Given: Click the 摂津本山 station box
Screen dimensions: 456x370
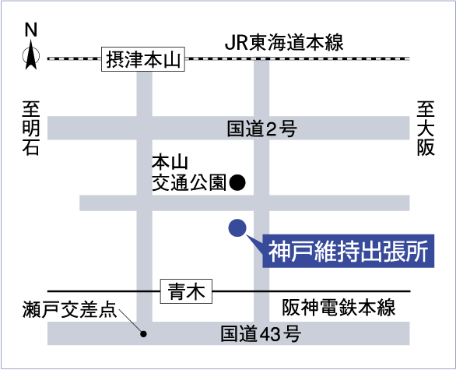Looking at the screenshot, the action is [143, 59].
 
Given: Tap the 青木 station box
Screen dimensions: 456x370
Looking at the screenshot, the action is [187, 291].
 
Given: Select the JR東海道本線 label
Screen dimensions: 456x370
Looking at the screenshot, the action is [284, 43].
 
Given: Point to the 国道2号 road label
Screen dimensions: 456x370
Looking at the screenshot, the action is [261, 129].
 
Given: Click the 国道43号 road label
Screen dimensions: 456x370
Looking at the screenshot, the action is [261, 333].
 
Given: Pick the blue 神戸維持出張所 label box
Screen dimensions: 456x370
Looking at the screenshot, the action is [349, 251].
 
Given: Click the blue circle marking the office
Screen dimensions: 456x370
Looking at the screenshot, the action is [237, 227].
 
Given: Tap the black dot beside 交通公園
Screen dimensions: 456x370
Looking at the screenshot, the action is [237, 182].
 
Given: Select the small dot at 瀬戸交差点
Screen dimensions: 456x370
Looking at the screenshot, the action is [143, 334].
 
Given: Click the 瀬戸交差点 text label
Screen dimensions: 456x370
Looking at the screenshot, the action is [70, 309].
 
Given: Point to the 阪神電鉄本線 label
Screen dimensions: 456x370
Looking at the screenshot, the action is [338, 308].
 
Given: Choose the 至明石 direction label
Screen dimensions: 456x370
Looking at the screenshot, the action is [31, 128].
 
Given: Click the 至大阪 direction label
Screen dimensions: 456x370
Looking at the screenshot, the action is [426, 128].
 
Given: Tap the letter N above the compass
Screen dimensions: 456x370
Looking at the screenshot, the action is [31, 30].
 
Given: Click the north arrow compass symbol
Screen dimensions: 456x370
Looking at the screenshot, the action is [31, 55].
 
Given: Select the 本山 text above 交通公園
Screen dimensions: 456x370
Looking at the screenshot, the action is [170, 163].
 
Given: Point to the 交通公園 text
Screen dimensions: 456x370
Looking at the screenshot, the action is [189, 183].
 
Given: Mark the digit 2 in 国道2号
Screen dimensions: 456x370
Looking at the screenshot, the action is [271, 129].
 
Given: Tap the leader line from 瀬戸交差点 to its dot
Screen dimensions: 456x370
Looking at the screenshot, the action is [131, 322].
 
